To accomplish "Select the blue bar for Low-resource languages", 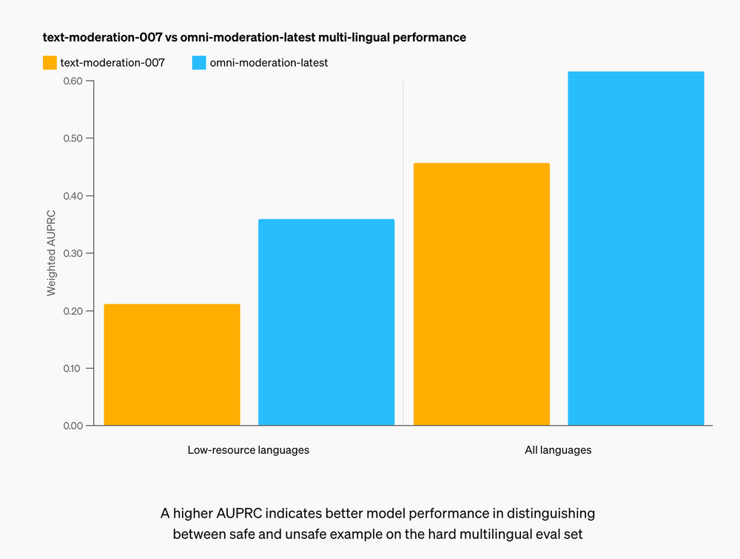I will [326, 322].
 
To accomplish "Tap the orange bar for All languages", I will [481, 294].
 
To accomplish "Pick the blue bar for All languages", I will [636, 248].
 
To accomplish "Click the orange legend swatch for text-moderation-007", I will [50, 63].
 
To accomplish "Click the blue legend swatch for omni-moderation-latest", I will [198, 63].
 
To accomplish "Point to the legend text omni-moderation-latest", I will [269, 63].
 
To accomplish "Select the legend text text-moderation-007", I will [112, 63].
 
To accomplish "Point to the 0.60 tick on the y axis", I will [73, 81].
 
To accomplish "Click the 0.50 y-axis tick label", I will [73, 138].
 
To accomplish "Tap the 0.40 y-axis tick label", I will [73, 195].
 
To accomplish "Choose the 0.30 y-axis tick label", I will [73, 253].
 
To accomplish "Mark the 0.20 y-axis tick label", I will [73, 310].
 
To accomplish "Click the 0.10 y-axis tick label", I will [73, 368].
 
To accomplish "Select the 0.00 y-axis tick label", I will [73, 425].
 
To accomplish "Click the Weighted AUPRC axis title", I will [51, 253].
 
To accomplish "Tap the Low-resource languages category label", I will [249, 449].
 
